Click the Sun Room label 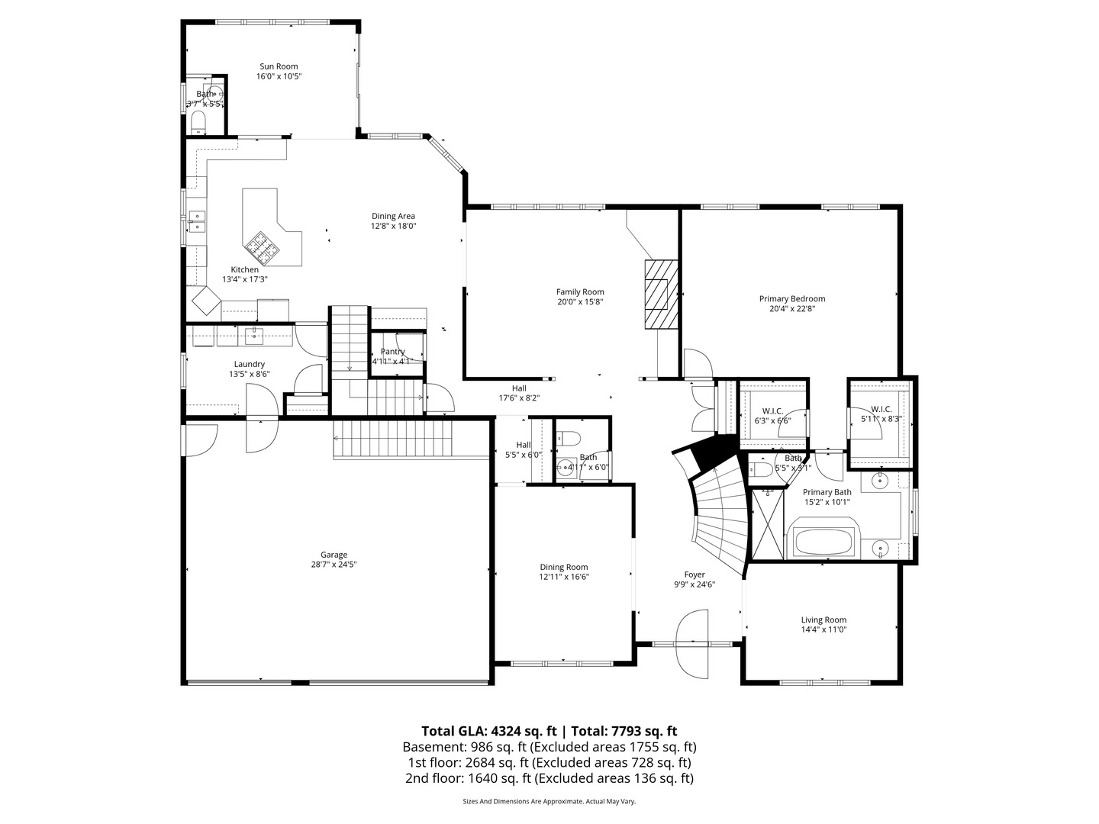[x=279, y=66]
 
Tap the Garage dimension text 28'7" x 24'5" [x=334, y=565]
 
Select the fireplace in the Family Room [x=661, y=295]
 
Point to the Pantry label [x=392, y=352]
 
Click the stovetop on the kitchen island [x=259, y=246]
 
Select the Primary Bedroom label [x=791, y=299]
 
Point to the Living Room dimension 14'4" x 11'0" [x=823, y=629]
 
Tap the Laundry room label [x=250, y=364]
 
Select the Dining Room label [x=563, y=567]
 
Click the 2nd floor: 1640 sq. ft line [x=549, y=778]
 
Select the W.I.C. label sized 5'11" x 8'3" [x=881, y=409]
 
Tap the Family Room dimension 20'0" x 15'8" [x=580, y=301]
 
